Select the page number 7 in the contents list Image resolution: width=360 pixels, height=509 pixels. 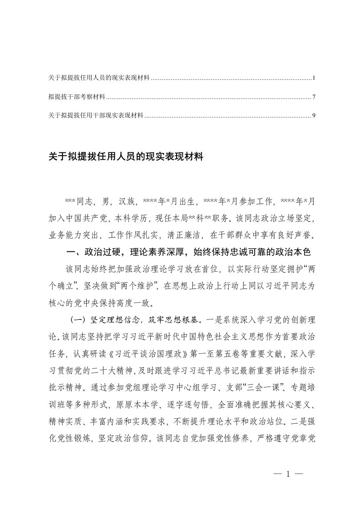point(314,97)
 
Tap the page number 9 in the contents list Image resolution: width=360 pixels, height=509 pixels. point(314,116)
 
